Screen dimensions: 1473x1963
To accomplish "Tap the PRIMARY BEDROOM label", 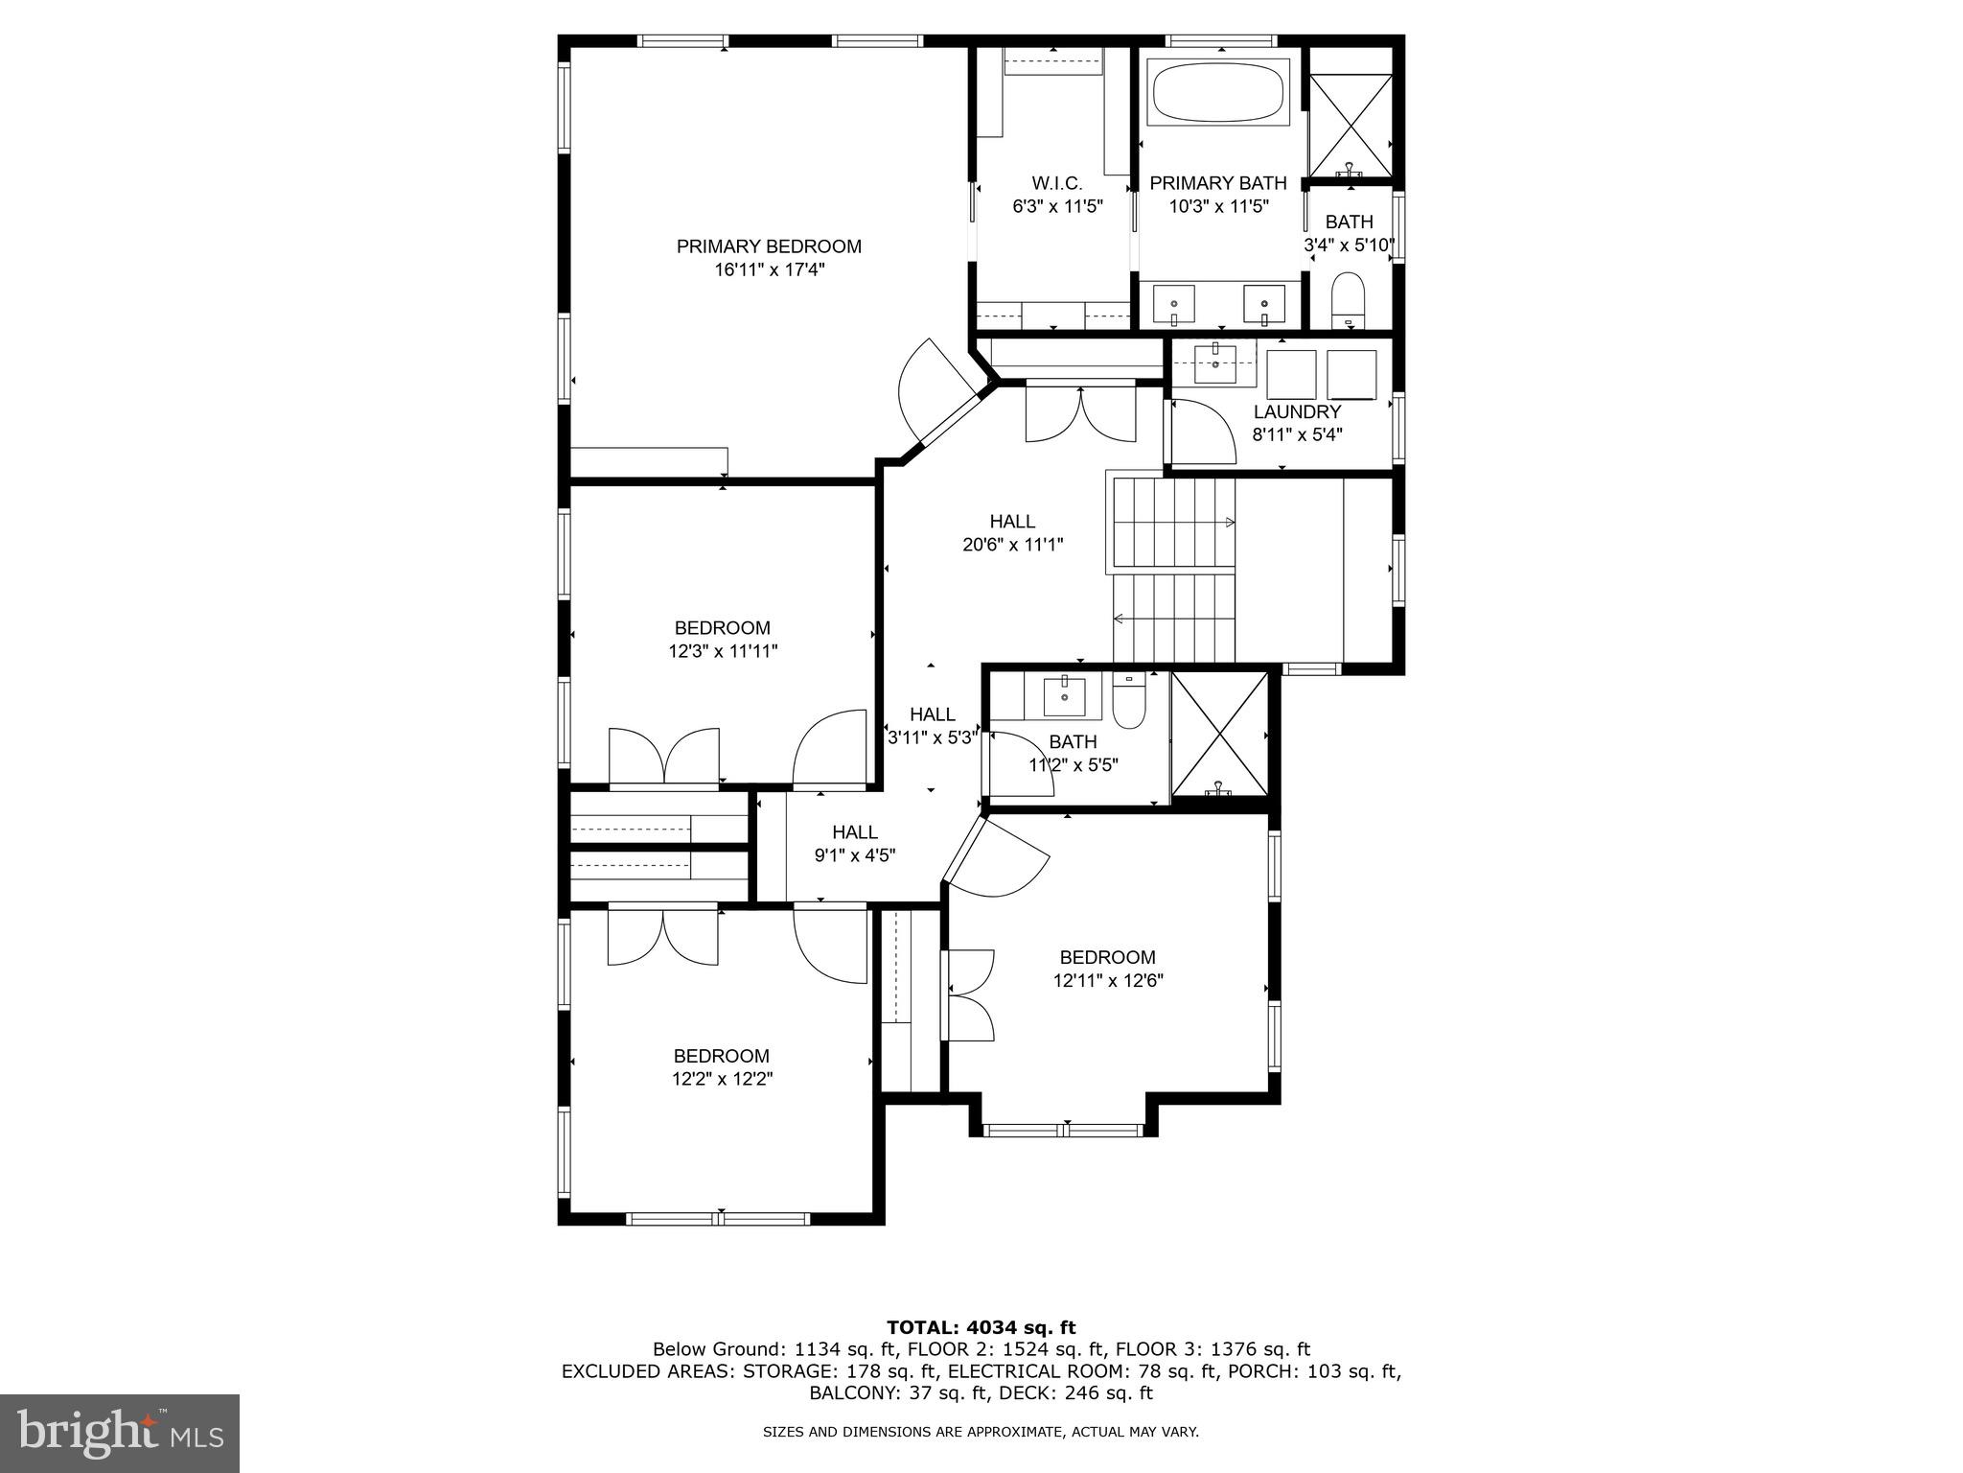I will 769,246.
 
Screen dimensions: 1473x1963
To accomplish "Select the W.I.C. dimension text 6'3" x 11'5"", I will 1057,206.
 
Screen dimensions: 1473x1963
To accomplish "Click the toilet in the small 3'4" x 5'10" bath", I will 1348,298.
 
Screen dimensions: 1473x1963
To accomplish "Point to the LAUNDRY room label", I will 1297,411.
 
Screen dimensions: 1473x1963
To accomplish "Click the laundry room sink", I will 1215,361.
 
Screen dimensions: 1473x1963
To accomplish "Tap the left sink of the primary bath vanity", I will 1173,305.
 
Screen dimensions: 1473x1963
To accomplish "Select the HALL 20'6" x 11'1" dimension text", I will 1012,545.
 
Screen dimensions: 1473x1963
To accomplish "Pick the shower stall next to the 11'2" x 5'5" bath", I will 1219,734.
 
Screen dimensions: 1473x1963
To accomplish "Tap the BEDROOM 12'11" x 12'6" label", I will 1107,957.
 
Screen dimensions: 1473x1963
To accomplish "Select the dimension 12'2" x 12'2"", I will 722,1079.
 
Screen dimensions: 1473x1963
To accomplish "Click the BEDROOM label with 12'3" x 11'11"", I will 722,628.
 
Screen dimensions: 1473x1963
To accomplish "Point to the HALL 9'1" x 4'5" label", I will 854,832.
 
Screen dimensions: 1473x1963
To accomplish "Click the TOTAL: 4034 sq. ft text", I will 981,1327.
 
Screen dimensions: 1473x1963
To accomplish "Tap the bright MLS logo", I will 119,1433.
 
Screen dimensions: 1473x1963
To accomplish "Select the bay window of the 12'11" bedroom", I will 1065,1130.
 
